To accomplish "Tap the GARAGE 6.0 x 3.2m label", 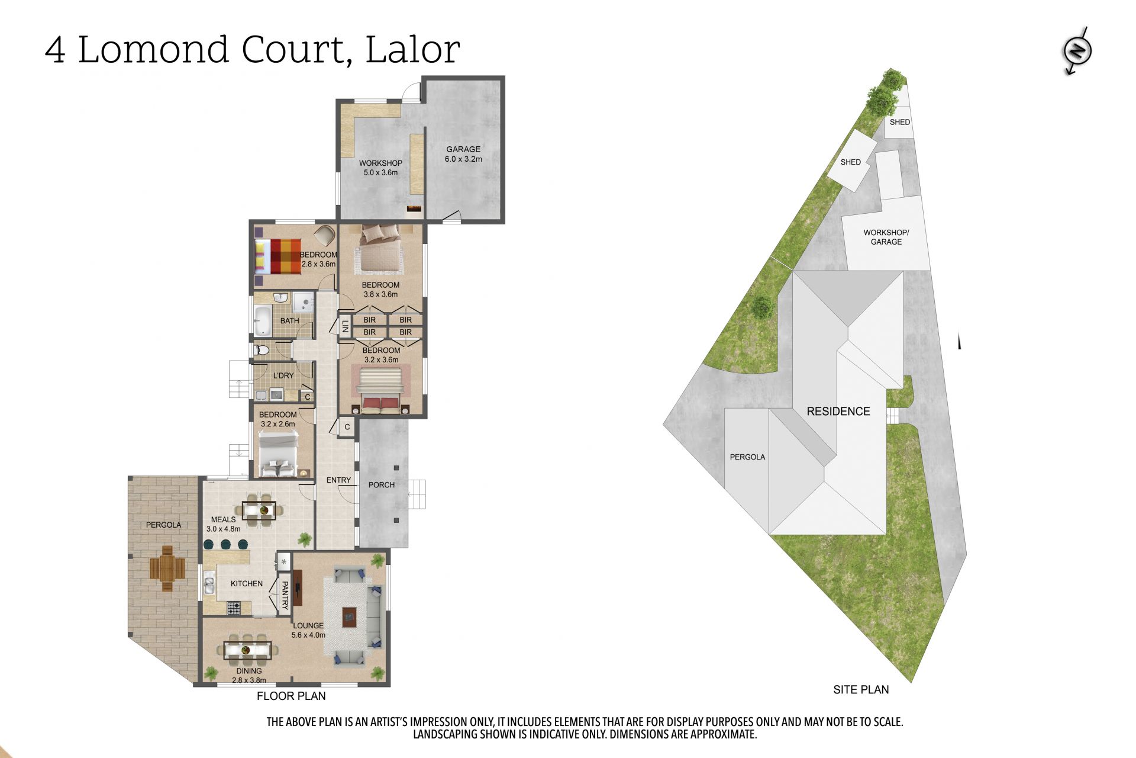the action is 463,154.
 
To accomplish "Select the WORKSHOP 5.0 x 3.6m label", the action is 380,168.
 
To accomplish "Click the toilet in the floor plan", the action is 260,351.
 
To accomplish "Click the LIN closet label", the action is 345,326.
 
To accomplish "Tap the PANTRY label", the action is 285,595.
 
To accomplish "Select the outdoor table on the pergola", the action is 167,568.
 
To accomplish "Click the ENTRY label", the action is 338,480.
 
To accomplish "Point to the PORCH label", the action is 381,484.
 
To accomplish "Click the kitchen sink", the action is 209,585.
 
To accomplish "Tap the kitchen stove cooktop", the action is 234,608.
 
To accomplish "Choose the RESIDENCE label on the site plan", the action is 838,412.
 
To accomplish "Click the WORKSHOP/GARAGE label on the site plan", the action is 886,237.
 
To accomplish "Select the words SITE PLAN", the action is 861,689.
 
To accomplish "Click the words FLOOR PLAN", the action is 291,696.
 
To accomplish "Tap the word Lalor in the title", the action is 412,49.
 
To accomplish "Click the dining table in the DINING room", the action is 247,650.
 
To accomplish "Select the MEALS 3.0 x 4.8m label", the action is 223,524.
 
